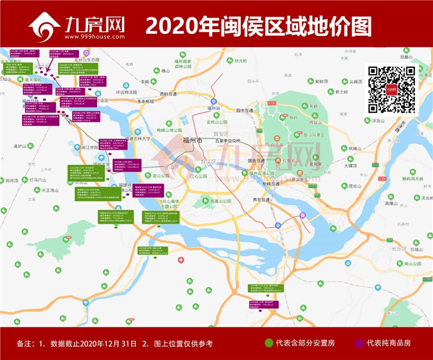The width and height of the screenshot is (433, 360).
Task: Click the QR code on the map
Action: (391, 89)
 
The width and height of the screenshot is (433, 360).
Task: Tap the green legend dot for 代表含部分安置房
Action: (269, 343)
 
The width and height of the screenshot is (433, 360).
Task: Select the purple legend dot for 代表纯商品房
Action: (359, 343)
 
